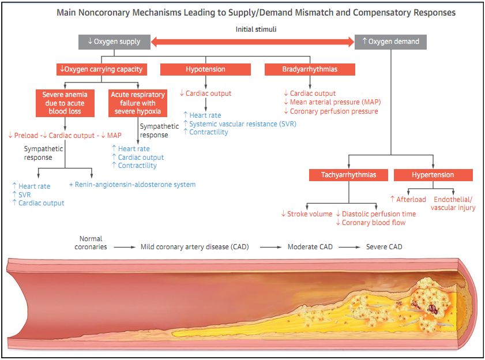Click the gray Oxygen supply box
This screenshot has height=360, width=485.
click(114, 42)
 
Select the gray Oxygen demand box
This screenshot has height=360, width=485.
click(390, 42)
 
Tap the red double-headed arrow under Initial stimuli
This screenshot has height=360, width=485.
click(252, 42)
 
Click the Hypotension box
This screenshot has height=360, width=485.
click(205, 69)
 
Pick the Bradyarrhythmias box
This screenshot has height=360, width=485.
click(310, 69)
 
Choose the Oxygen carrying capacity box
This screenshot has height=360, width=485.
click(101, 69)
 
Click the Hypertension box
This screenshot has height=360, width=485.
click(433, 175)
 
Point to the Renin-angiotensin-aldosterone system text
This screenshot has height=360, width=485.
click(132, 185)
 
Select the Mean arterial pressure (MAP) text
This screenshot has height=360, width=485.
click(332, 102)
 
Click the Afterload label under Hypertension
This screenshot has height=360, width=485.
click(408, 200)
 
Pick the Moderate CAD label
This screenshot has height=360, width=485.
click(310, 247)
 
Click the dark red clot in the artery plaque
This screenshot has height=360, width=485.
click(431, 308)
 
